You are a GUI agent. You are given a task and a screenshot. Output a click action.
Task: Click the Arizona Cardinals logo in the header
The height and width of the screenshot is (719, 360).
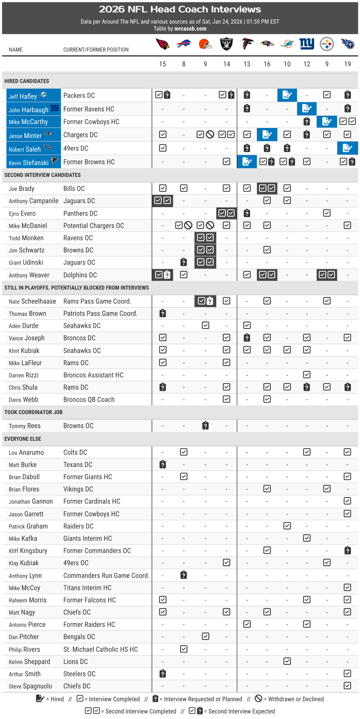162,44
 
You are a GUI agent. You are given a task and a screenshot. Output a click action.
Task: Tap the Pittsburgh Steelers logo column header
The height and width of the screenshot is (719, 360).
327,44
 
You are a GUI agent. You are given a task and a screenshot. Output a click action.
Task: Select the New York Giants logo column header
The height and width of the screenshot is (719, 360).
307,43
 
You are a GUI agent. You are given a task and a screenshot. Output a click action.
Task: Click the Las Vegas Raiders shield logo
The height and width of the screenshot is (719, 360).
226,44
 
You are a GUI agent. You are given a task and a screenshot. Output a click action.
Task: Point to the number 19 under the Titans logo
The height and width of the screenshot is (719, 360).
347,64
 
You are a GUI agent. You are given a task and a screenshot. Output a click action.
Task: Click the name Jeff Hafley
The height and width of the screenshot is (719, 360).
23,96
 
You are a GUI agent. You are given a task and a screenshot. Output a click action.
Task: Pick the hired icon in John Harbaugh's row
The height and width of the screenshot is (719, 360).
307,108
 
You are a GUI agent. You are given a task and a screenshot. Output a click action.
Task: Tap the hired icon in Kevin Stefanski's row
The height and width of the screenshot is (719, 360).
247,162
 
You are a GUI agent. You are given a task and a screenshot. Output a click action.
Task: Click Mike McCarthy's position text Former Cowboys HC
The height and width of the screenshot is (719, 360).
91,122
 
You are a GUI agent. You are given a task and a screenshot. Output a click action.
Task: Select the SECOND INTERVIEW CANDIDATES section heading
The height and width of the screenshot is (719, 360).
42,175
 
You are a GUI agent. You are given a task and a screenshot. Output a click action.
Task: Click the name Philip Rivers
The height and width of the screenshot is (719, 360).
24,650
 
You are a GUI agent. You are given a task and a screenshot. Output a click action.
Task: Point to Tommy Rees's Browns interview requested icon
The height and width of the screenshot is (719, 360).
206,426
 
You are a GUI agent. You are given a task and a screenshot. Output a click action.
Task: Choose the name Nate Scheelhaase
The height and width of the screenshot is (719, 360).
32,302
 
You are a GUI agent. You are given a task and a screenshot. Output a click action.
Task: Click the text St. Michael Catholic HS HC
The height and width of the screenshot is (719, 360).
101,650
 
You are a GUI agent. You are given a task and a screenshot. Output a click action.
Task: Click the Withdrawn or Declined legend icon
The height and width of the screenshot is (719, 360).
258,699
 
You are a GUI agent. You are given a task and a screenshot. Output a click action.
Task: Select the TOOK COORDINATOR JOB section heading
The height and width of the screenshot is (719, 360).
33,412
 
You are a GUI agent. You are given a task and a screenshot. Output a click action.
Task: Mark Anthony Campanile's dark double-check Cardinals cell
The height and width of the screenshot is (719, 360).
162,201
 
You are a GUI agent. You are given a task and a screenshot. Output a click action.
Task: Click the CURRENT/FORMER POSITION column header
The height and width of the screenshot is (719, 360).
96,50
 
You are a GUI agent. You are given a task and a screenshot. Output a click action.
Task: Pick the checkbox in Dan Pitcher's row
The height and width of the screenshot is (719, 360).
206,637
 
